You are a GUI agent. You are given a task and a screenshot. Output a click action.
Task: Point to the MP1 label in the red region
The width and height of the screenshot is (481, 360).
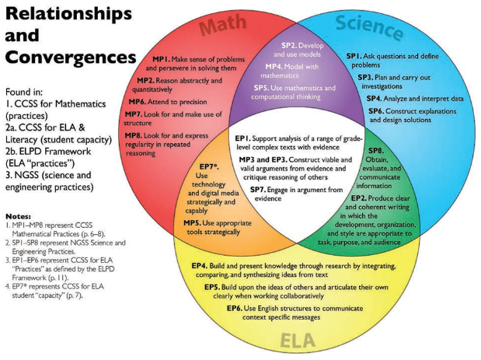click(x=161, y=60)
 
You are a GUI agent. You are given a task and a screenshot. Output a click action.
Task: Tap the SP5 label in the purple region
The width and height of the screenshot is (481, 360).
click(x=263, y=89)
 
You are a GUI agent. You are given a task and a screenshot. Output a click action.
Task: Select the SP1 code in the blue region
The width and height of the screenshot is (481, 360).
click(x=354, y=57)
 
